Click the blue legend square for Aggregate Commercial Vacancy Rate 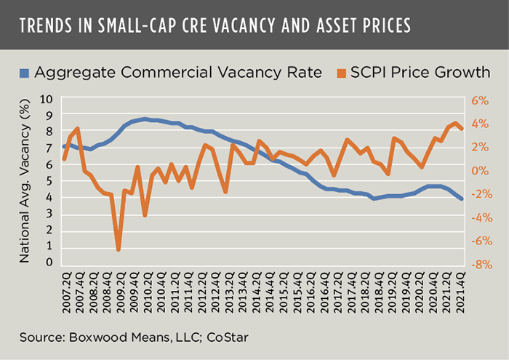point(24,73)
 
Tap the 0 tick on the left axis point(49,262)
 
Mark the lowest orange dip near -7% point(118,249)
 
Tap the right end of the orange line point(462,129)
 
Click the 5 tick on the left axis point(49,180)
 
